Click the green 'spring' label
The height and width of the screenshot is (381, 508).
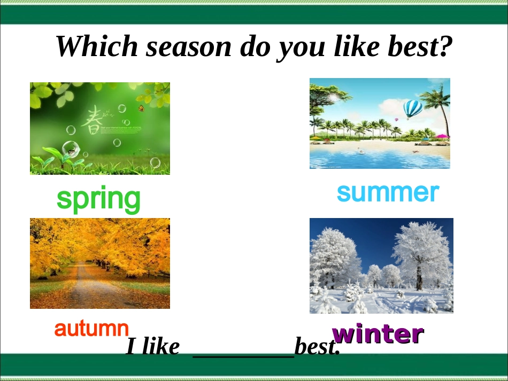tap(98, 199)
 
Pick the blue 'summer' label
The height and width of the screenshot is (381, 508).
tap(388, 192)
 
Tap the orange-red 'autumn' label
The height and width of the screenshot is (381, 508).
tap(91, 329)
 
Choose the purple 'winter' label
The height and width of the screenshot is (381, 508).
tap(378, 334)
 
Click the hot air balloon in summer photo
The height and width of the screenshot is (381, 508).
tap(412, 109)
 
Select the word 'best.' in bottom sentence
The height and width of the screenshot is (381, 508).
tap(317, 348)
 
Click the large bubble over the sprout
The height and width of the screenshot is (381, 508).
tap(70, 149)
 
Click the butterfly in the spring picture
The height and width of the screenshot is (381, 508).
tap(141, 108)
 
